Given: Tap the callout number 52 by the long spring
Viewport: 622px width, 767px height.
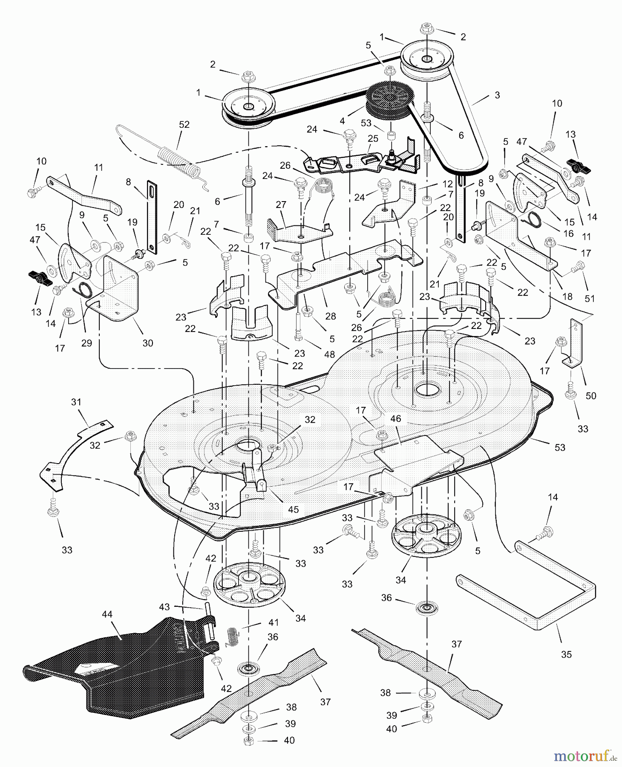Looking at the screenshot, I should (x=184, y=124).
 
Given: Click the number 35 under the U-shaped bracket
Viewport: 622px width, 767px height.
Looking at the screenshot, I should (x=566, y=655).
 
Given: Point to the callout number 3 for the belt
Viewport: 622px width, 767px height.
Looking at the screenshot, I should (x=497, y=95).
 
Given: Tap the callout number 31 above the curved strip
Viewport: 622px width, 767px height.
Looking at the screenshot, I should (x=76, y=402).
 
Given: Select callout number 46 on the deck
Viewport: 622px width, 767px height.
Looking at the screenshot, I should (x=396, y=418).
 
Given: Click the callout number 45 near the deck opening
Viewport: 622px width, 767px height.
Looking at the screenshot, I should (x=293, y=509).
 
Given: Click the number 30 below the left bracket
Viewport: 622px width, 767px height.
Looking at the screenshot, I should (x=147, y=343).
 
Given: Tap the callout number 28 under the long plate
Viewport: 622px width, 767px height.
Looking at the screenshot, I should (x=331, y=316).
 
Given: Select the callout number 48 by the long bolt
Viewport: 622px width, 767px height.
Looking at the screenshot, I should (x=329, y=354).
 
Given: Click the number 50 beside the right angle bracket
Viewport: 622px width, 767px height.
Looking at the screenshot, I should (x=591, y=395).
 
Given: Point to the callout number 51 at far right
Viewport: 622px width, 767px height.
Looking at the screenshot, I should (x=590, y=298).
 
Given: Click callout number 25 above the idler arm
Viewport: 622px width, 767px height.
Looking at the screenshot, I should (x=373, y=138).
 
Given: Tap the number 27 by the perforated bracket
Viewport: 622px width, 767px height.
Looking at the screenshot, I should (x=281, y=205).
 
